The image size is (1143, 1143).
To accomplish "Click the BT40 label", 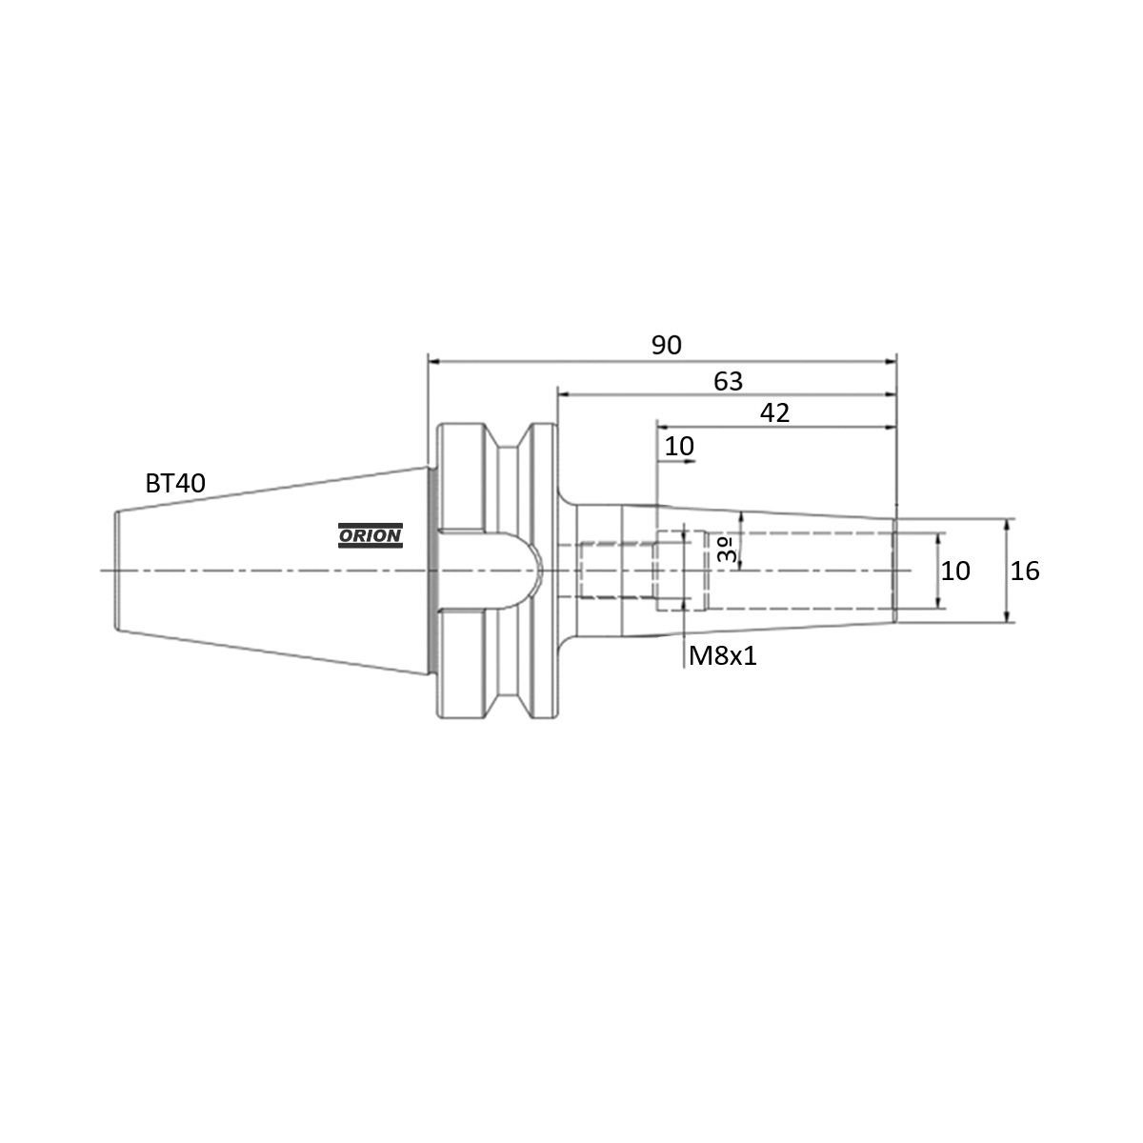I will [x=174, y=483].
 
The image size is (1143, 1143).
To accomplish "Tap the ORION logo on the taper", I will [x=371, y=536].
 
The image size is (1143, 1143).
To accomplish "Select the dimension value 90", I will [x=667, y=345].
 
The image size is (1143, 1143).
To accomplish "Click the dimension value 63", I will [x=728, y=381].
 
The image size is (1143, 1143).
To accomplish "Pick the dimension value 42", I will [x=774, y=412].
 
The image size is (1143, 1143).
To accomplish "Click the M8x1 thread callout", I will [x=722, y=655].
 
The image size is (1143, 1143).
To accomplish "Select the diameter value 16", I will [x=1025, y=571].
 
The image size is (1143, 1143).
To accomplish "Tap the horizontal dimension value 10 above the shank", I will [x=679, y=446].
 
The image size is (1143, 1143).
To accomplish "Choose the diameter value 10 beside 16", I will [x=955, y=571].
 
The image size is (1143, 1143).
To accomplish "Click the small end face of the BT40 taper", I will [x=115, y=571].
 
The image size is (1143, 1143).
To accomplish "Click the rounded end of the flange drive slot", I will [x=533, y=571].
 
